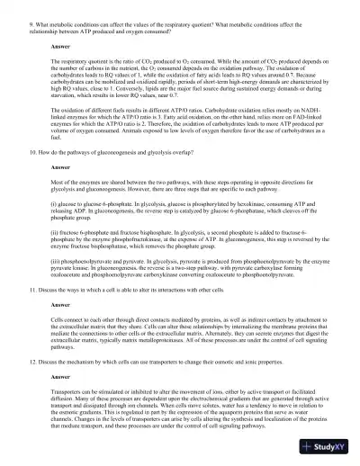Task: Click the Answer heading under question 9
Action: coord(60,45)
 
